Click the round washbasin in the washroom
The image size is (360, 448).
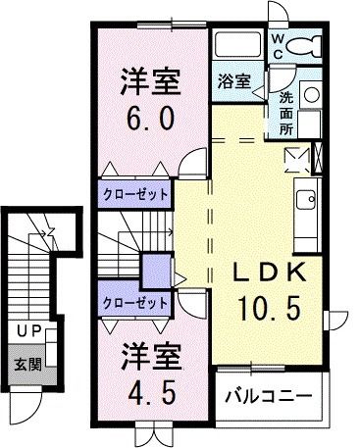(x=310, y=96)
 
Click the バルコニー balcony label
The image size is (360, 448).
(x=269, y=397)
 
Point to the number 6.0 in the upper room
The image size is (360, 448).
(x=150, y=119)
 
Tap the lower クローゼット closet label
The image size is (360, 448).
(x=134, y=302)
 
